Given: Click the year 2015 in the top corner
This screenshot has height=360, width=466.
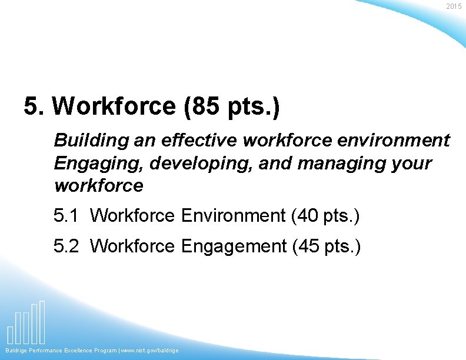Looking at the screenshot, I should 454,6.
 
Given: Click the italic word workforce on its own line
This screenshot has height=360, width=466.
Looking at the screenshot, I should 98,186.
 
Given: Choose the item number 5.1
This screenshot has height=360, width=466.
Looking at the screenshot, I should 66,216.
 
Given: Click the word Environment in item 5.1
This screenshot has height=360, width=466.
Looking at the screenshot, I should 234,216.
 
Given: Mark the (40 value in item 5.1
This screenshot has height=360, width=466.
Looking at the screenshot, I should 305,216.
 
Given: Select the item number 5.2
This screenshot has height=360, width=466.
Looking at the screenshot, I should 66,246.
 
